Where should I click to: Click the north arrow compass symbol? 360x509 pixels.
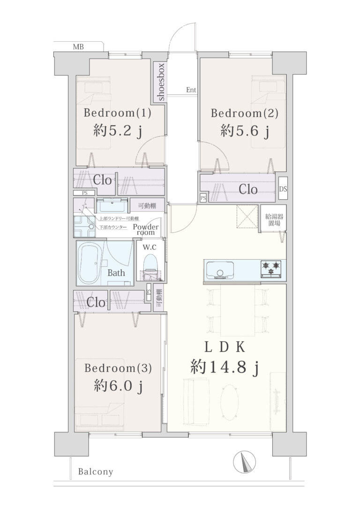(x=244, y=462)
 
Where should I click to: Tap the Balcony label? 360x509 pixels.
(x=96, y=472)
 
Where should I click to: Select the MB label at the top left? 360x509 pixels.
(x=78, y=47)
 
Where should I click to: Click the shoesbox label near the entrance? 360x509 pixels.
(x=161, y=82)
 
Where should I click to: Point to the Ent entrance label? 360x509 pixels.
(x=191, y=90)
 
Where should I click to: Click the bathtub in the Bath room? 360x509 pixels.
(x=89, y=263)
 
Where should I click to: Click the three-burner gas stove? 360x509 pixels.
(x=271, y=269)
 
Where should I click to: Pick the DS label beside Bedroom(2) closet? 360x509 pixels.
(x=283, y=189)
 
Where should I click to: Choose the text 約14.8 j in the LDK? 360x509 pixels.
(x=225, y=368)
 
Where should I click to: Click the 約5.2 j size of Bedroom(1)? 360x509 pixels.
(x=118, y=131)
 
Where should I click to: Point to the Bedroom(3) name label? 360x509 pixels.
(x=118, y=368)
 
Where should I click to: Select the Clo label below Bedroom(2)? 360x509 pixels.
(x=248, y=189)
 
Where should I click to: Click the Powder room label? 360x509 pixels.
(x=146, y=229)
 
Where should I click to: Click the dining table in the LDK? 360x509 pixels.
(x=238, y=310)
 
